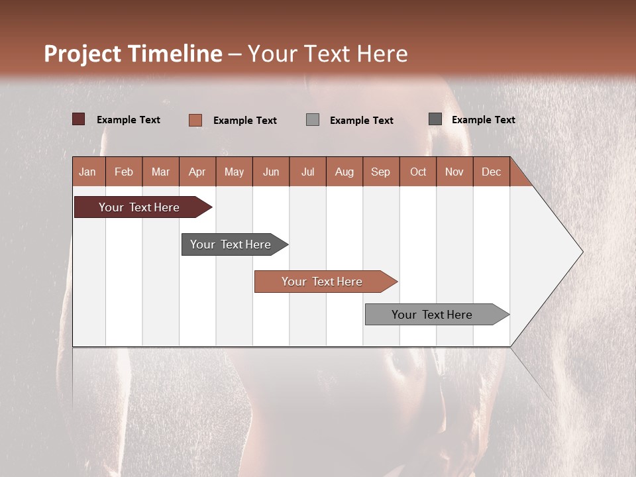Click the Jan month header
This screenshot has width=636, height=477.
(x=87, y=172)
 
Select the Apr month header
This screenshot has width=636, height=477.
(x=197, y=172)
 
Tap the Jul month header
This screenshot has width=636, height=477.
(x=307, y=172)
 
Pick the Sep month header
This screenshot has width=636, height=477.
(x=380, y=172)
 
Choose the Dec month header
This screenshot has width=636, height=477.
(x=491, y=172)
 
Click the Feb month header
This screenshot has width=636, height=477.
(x=124, y=172)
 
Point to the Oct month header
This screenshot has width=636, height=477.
(x=418, y=172)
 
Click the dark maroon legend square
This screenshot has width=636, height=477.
(x=79, y=119)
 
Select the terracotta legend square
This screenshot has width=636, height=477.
(x=195, y=120)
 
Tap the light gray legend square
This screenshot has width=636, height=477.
(x=313, y=120)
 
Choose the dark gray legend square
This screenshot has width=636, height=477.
(x=435, y=119)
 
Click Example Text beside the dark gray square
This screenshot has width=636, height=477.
(x=483, y=120)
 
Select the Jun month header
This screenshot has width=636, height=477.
(x=271, y=172)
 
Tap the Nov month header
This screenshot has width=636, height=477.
(x=454, y=172)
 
